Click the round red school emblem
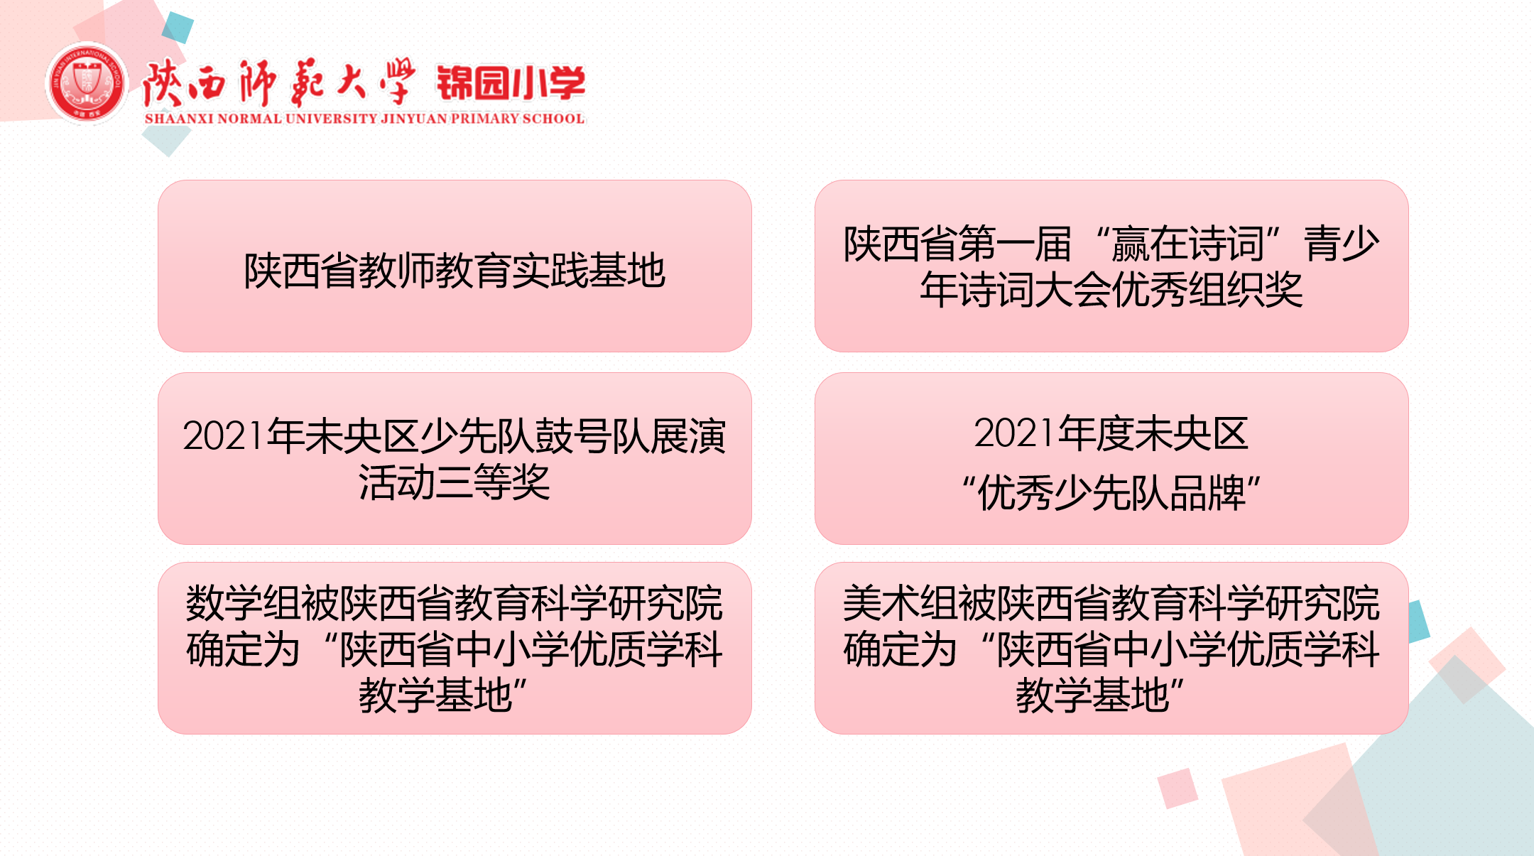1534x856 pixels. coord(87,83)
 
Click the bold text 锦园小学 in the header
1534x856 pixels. coord(511,83)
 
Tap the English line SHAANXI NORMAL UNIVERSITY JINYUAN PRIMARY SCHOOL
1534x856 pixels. coord(364,119)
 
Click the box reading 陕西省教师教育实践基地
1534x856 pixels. coord(455,266)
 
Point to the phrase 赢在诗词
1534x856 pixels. coord(1188,244)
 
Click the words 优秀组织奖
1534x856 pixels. coord(1207,290)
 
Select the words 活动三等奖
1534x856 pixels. coord(455,482)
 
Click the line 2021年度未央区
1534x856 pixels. coord(1111,433)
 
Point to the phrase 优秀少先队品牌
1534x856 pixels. coord(1111,492)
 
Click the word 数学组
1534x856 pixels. coord(244,603)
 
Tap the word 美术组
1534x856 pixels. coord(901,603)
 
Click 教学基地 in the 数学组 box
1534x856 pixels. coord(435,695)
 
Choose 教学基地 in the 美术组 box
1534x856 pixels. coord(1092,695)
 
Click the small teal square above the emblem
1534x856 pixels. coord(178,28)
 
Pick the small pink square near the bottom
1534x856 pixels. coord(1177,788)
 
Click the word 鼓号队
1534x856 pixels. coord(592,435)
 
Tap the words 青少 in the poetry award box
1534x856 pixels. coord(1342,244)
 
